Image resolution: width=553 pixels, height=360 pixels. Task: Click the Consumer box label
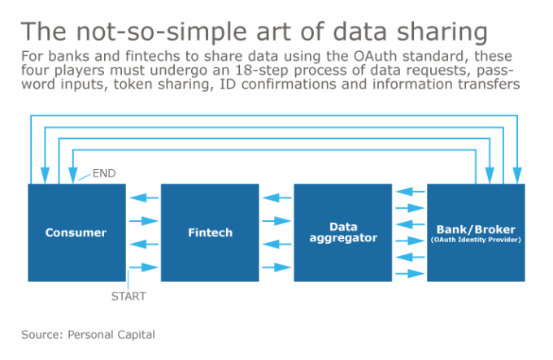[76, 232]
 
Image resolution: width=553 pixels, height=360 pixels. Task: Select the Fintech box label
[210, 232]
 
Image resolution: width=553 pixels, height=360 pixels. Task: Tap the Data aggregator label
[342, 232]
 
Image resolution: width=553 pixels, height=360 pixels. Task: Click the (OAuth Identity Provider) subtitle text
[476, 240]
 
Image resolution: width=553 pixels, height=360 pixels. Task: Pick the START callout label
[128, 296]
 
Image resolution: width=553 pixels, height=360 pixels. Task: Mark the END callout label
[104, 173]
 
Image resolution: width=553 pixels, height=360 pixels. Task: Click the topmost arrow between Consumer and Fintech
[143, 197]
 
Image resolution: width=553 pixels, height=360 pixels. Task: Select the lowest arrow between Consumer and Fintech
[143, 267]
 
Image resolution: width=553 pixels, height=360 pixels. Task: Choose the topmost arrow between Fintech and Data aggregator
[276, 197]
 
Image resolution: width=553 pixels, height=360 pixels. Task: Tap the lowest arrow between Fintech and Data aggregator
[276, 267]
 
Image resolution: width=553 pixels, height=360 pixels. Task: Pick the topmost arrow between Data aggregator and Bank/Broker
[409, 193]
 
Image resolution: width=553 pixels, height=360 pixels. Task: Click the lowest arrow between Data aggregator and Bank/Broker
[409, 272]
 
